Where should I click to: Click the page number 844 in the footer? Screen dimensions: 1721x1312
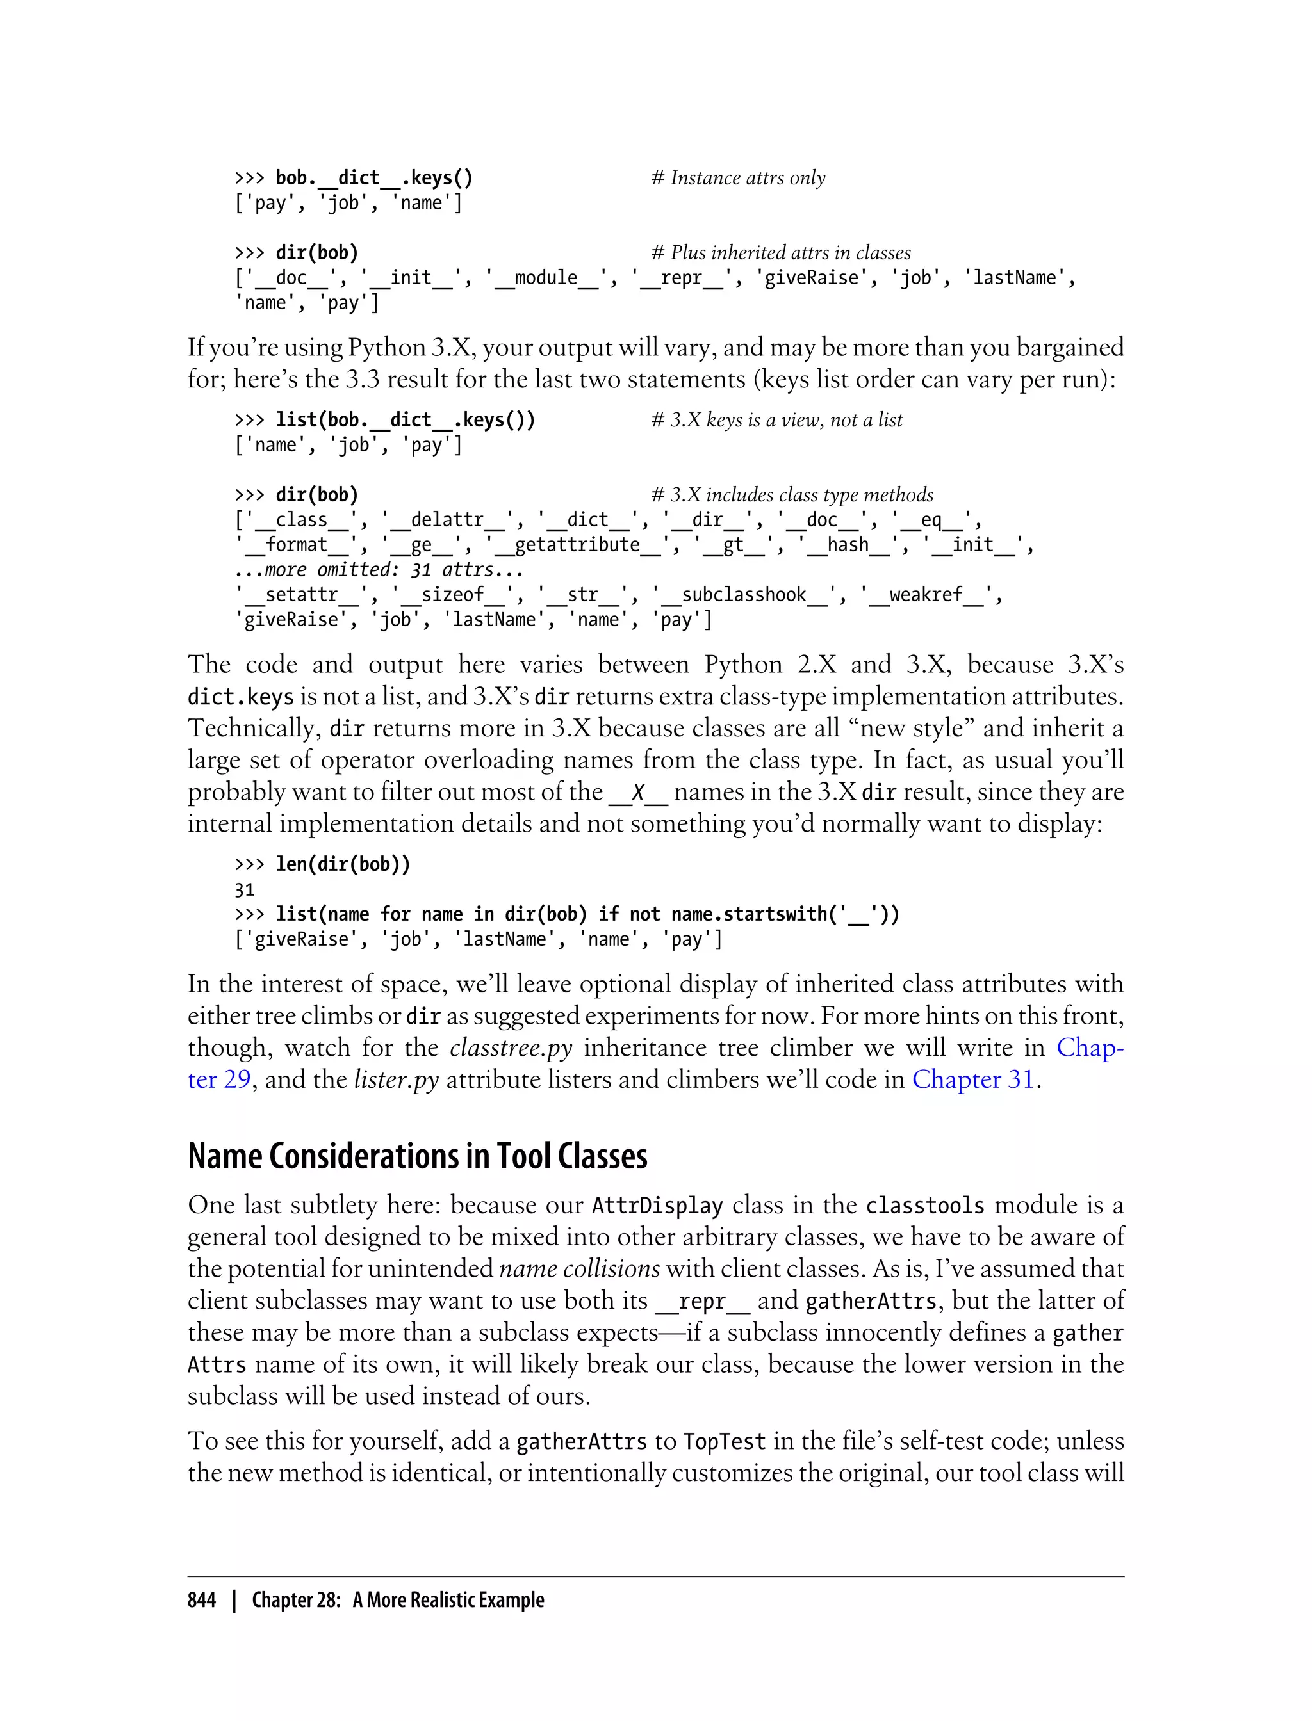202,1600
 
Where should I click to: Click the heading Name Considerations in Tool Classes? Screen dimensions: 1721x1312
417,1156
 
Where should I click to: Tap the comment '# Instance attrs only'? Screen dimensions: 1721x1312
738,178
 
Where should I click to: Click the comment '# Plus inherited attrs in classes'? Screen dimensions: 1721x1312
781,253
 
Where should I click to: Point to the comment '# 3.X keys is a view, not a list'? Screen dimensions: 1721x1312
776,420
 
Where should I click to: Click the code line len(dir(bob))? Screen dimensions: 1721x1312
342,864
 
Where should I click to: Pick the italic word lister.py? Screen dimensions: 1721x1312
396,1079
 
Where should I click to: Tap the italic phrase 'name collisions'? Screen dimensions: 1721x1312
578,1268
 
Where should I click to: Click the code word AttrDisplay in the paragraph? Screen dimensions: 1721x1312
657,1205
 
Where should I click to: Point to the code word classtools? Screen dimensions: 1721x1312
924,1205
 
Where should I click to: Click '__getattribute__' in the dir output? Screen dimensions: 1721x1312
577,545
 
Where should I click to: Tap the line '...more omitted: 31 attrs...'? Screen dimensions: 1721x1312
378,570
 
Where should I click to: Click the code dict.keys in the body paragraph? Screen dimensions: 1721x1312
240,697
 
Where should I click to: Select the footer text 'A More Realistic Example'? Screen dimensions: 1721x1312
448,1600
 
